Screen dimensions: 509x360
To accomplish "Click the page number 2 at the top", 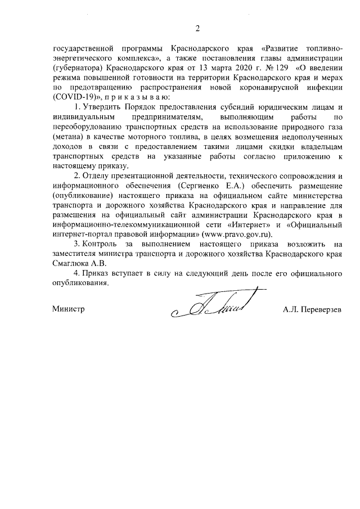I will [197, 29].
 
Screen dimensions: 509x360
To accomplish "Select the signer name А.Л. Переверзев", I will [312, 309].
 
